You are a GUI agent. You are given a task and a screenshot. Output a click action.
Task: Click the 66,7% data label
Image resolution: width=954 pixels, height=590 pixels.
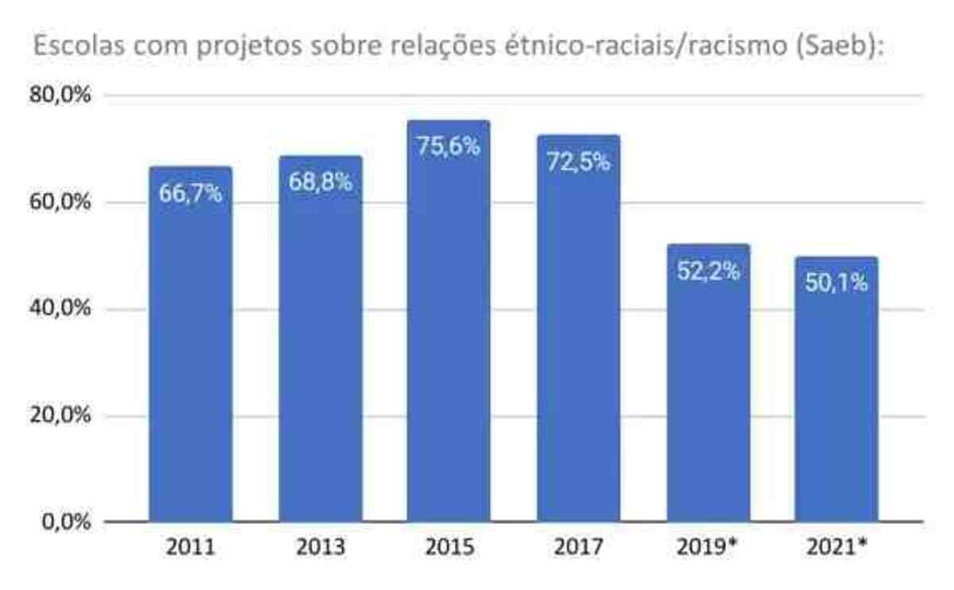pos(191,193)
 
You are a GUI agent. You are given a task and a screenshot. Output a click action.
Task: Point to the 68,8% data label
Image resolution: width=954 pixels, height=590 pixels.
pos(320,182)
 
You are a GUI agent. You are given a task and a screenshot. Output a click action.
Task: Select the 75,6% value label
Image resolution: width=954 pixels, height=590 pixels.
pos(448,146)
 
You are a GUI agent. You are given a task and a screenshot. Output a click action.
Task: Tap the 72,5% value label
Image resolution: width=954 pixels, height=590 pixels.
pos(578,162)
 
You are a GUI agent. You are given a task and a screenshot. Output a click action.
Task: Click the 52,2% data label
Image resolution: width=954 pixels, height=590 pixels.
pos(708,270)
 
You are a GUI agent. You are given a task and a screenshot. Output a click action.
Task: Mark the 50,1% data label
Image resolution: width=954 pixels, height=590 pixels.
pos(836,283)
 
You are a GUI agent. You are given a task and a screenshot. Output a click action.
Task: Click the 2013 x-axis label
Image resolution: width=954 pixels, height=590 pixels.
pos(320,548)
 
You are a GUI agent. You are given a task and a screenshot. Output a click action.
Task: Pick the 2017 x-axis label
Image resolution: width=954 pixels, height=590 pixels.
pos(578,548)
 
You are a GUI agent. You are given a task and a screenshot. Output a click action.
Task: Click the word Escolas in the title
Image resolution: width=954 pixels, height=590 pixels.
pos(72,48)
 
